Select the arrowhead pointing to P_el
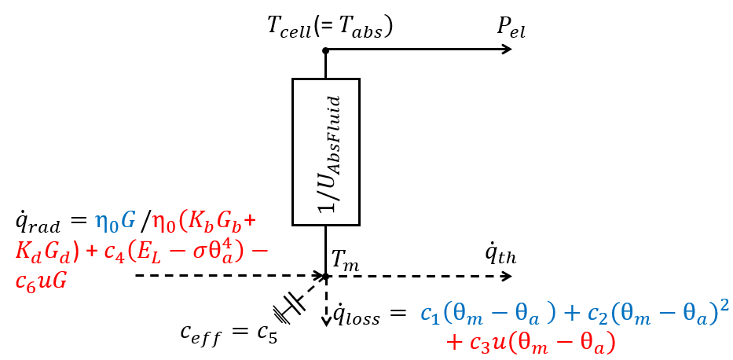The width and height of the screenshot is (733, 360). coord(506,50)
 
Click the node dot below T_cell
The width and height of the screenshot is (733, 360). coord(325,50)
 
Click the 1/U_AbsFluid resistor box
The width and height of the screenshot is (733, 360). coord(326,152)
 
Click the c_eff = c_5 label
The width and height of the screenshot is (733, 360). coord(228,334)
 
